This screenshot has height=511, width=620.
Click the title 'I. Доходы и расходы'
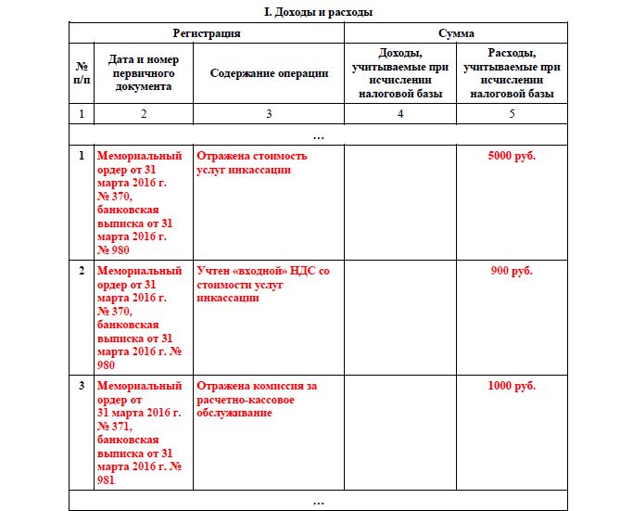(319, 12)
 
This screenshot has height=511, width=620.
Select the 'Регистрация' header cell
(207, 33)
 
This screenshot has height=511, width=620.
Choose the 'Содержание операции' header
(269, 73)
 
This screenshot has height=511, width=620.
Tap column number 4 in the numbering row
(400, 114)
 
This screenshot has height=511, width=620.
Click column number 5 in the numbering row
(512, 114)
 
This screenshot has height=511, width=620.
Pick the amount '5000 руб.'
(512, 156)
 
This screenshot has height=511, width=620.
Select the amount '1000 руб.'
(512, 386)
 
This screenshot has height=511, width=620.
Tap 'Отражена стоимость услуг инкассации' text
(252, 162)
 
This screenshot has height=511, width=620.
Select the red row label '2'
(82, 271)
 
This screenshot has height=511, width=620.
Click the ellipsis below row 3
(319, 502)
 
